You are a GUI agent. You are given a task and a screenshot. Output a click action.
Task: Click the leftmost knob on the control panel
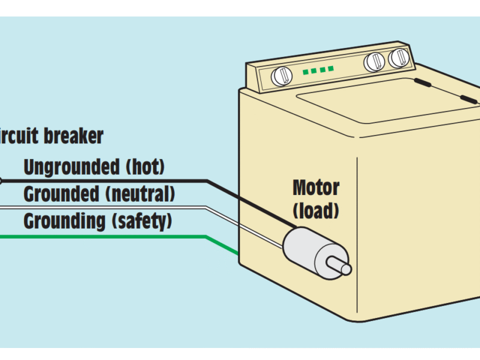click(x=280, y=76)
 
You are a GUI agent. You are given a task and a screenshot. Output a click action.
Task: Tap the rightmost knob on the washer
click(x=397, y=58)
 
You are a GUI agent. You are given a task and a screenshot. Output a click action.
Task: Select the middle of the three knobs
click(x=374, y=61)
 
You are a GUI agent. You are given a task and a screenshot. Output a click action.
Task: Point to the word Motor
click(x=316, y=188)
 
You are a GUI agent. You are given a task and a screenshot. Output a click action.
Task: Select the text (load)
click(x=316, y=211)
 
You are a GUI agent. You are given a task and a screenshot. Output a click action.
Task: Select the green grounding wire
click(x=120, y=237)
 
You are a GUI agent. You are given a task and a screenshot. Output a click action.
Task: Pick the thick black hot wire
click(x=120, y=180)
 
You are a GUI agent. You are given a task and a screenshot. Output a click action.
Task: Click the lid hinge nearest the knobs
click(x=424, y=83)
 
